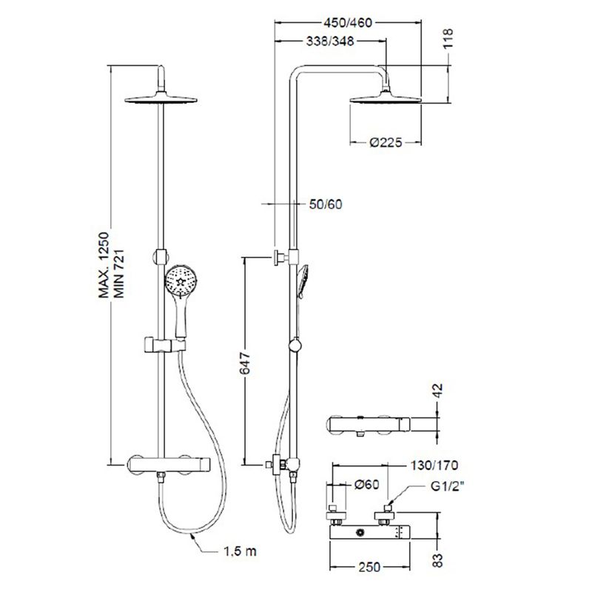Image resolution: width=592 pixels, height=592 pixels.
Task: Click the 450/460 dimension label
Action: [x=348, y=23]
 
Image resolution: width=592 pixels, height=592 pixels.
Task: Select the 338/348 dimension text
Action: [x=330, y=41]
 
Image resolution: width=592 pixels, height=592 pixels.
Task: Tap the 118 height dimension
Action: [x=448, y=38]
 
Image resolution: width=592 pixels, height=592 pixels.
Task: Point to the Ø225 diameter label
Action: [x=386, y=142]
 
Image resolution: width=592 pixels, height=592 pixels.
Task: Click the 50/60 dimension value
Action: [x=326, y=204]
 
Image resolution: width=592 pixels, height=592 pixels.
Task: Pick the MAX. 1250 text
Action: [x=104, y=265]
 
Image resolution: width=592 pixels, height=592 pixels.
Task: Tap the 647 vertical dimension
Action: [x=245, y=363]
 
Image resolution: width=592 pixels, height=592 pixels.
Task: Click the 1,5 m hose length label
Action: [x=240, y=551]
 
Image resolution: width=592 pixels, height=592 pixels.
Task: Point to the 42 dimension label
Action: [x=437, y=391]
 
